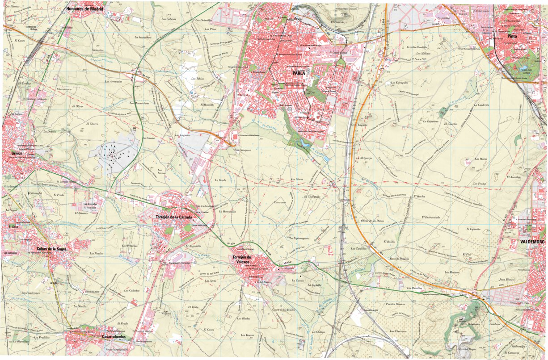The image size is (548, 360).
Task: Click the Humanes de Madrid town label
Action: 84,8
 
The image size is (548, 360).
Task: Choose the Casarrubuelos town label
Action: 114,337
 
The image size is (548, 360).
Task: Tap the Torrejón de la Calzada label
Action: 174,217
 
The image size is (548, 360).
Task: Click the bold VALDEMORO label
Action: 532,242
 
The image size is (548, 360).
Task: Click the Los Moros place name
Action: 296,179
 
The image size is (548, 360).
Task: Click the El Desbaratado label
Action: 430,218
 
